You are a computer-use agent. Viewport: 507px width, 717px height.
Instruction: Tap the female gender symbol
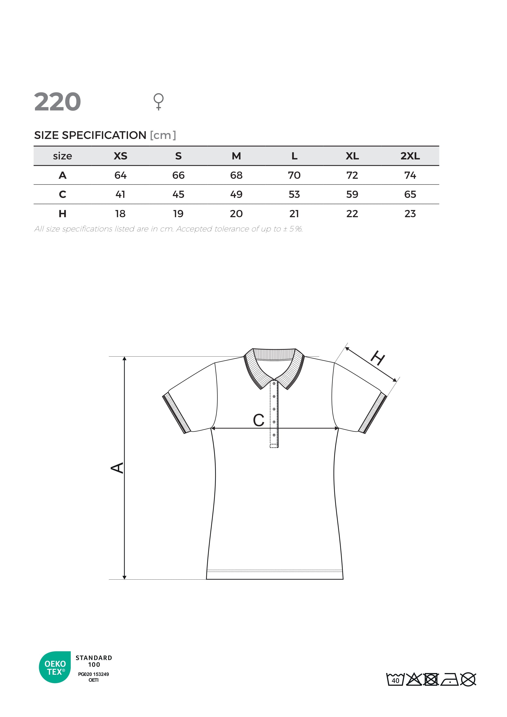159,101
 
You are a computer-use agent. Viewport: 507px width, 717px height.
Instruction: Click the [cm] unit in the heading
163,135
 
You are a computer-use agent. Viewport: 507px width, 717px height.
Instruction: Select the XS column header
120,156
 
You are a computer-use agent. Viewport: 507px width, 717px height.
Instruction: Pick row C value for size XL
352,194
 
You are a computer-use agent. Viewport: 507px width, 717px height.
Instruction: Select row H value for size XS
120,214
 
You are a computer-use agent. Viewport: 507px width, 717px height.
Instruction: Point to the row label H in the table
62,214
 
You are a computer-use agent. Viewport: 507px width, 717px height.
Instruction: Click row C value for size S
178,194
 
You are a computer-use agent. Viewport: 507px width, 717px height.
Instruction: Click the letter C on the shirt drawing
258,420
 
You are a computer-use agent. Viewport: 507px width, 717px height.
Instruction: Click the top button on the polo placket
274,384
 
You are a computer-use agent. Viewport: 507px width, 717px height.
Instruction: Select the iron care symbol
450,680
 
